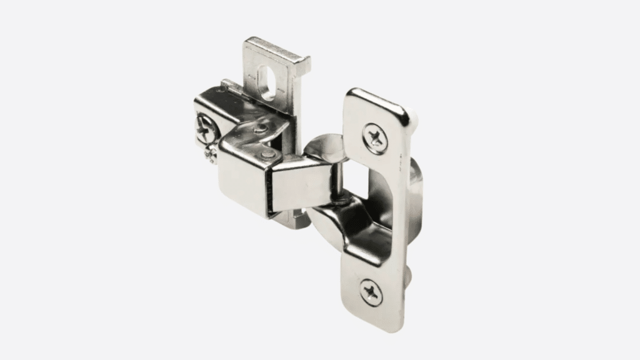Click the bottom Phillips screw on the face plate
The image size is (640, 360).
point(369,290)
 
